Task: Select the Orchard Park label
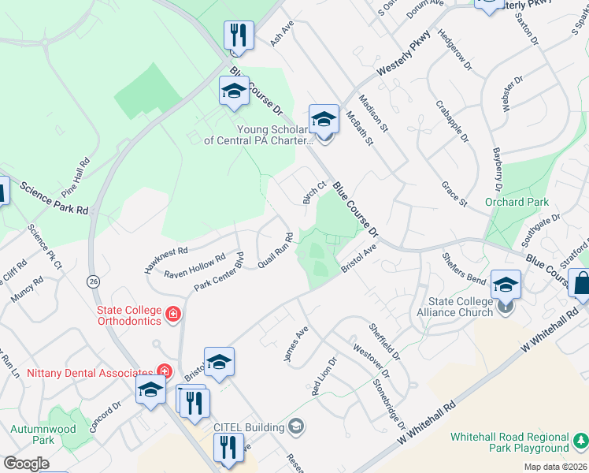click(x=517, y=202)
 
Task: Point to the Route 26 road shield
click(x=94, y=280)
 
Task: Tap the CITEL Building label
click(x=249, y=427)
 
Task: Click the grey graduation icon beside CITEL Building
click(x=296, y=427)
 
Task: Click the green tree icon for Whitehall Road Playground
click(x=580, y=438)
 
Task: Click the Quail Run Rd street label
click(x=277, y=250)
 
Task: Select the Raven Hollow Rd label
click(x=194, y=266)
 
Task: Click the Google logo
click(x=26, y=464)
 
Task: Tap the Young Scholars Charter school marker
click(x=323, y=119)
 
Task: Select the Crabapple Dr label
click(x=452, y=121)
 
